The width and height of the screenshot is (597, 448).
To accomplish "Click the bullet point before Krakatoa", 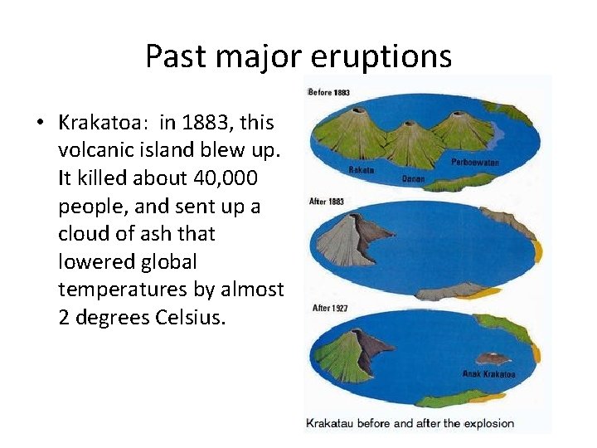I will (x=39, y=124).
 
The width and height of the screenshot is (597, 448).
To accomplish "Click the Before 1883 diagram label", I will (x=328, y=91).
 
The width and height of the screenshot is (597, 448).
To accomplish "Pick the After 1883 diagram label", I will (x=326, y=202).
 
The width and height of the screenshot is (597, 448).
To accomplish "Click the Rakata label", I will (x=362, y=170).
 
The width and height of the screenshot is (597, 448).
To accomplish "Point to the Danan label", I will (x=413, y=178).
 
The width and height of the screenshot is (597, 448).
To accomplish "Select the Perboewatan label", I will (x=475, y=163).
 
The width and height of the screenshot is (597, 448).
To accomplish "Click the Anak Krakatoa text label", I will (x=488, y=374).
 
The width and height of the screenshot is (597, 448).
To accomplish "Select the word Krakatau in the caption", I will (x=334, y=423).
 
